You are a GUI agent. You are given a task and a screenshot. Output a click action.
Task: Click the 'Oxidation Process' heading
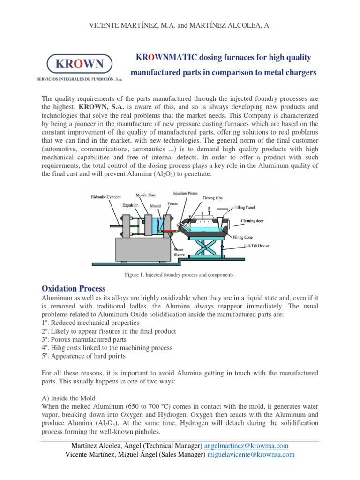click(x=74, y=288)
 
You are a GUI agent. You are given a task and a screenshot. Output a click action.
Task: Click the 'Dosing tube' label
click(x=213, y=198)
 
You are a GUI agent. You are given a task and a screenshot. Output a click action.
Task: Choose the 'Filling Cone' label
click(x=243, y=237)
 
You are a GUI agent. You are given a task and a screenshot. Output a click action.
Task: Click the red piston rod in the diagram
click(x=168, y=231)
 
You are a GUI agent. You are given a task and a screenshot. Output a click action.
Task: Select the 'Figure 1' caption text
click(x=180, y=274)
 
